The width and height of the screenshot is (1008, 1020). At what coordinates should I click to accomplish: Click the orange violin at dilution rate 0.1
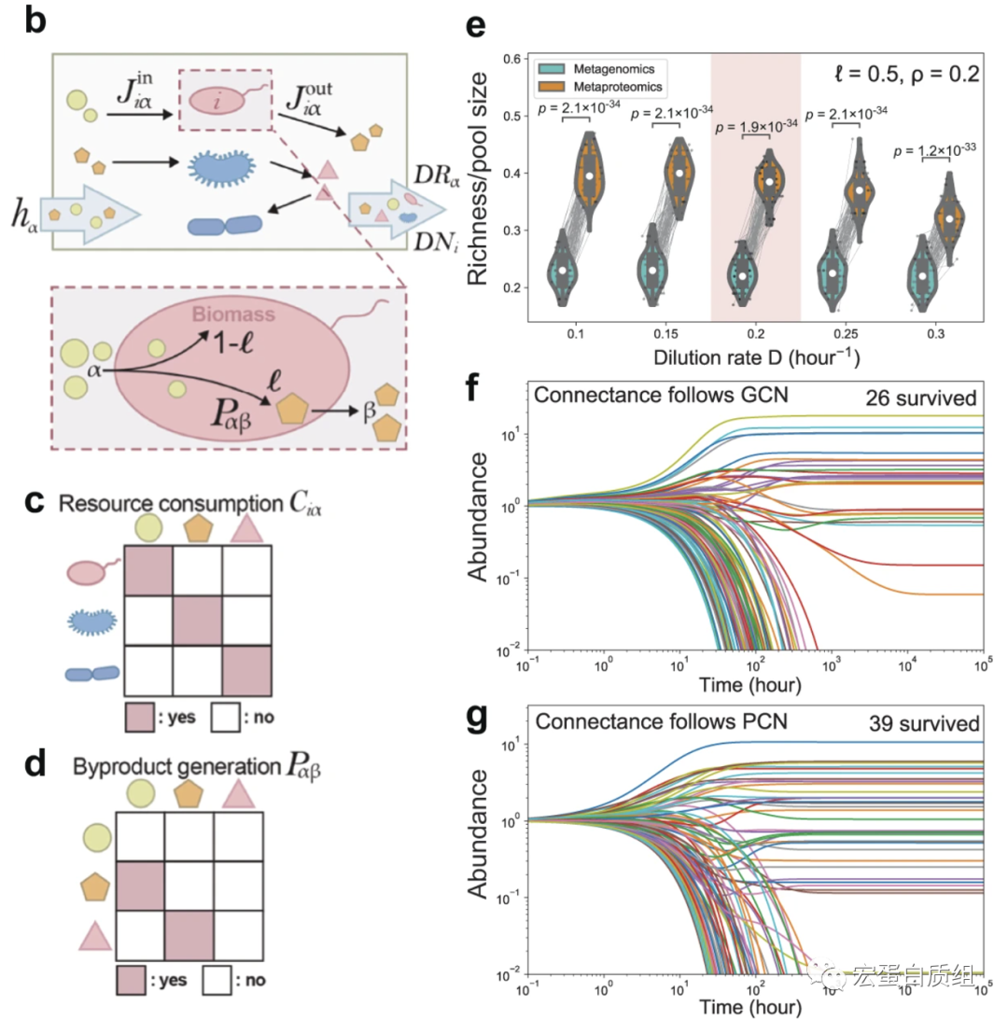tap(588, 173)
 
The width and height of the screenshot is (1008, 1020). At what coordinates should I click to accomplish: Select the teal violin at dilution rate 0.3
tap(923, 275)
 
